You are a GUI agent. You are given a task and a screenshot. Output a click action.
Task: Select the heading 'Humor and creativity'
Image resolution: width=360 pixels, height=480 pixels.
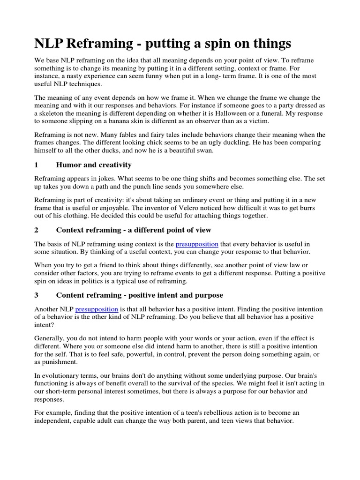[x=94, y=165]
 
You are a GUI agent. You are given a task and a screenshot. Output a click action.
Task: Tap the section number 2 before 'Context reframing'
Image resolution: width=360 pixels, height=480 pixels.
[x=36, y=230]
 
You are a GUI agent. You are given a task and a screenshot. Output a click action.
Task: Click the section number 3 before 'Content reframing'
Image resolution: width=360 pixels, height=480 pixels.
[x=36, y=295]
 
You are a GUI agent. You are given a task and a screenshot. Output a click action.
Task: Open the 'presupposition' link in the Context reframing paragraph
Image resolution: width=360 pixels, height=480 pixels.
[x=197, y=244]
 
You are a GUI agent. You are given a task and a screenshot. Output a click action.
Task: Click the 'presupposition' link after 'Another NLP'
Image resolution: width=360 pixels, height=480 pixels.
[x=97, y=309]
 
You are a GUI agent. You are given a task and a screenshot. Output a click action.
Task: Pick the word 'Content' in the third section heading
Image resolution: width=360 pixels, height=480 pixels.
[x=71, y=295]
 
